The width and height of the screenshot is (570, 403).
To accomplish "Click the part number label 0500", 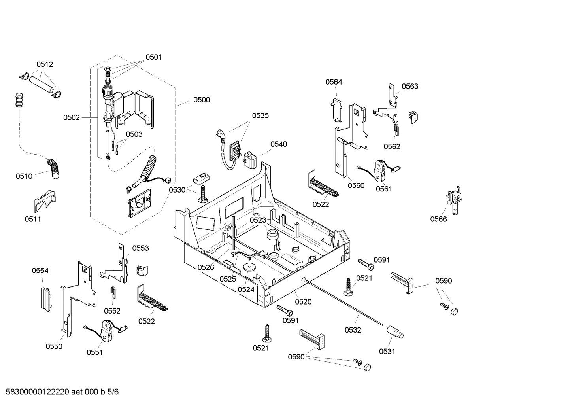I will [201, 100].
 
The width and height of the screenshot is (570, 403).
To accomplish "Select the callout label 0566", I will [438, 219].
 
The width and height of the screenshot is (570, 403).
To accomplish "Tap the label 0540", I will [279, 144].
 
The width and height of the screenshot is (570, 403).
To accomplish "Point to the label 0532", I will [353, 330].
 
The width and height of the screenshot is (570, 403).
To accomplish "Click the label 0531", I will [387, 351].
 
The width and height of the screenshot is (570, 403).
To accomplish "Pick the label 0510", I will [24, 176].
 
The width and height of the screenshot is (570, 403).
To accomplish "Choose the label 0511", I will [33, 219].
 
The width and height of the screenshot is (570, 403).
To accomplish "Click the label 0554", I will [40, 271].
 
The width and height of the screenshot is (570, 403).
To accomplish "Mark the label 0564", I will [334, 82].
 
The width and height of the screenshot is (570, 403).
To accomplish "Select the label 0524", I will [246, 289].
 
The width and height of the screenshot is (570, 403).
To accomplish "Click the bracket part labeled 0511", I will [44, 200].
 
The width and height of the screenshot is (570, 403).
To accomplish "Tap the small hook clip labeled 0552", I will [113, 292].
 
